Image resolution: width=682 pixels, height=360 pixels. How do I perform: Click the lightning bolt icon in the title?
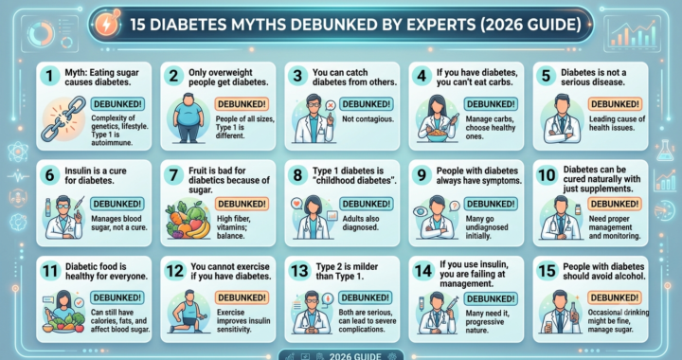(x=107, y=24)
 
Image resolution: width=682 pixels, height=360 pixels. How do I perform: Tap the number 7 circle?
(x=173, y=174)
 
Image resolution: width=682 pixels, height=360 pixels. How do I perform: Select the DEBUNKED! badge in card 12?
(x=242, y=297)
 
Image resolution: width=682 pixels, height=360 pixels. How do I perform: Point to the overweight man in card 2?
(x=188, y=117)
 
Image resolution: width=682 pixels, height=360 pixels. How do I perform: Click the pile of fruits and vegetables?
(x=188, y=220)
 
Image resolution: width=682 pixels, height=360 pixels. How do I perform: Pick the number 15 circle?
(x=547, y=271)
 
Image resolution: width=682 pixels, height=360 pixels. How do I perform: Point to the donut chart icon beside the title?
(x=41, y=33)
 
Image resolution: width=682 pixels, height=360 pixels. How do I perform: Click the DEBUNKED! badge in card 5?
(x=615, y=104)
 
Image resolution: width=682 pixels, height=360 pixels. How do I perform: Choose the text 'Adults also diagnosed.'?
(x=361, y=223)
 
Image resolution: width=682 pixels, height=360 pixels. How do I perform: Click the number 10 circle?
(x=547, y=174)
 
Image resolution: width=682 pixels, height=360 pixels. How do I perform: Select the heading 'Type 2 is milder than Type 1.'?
(x=347, y=271)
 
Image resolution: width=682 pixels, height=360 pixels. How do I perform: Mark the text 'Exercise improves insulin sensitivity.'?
(x=243, y=321)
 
